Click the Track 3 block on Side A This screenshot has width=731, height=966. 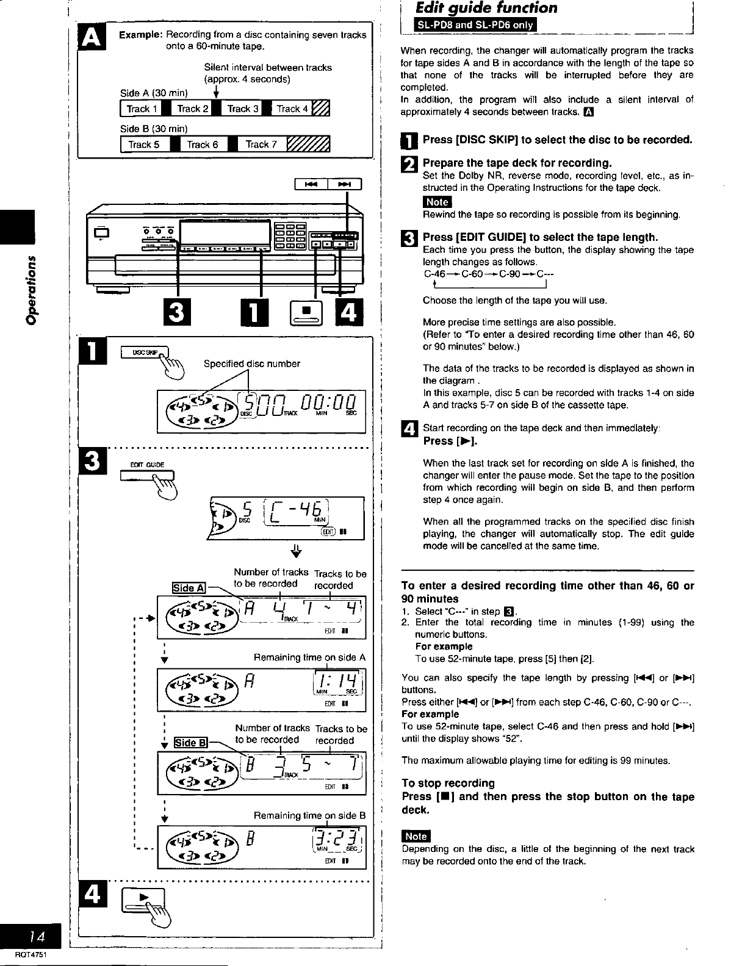point(243,109)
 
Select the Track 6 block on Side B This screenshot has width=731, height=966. point(202,145)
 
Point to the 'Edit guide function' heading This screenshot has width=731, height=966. point(486,8)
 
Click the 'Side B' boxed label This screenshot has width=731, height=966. point(190,743)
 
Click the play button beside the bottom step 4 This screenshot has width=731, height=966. point(144,899)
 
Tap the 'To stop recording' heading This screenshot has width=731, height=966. point(448,783)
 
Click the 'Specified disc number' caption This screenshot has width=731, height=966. point(251,364)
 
